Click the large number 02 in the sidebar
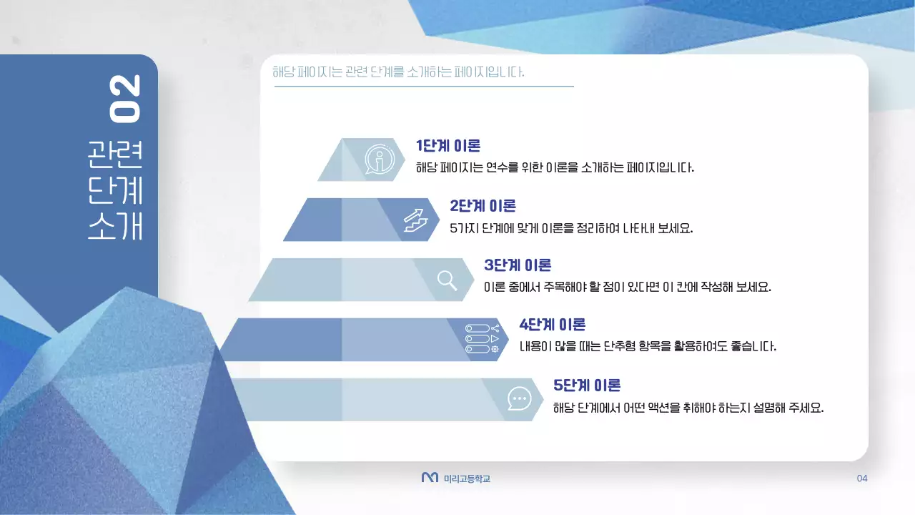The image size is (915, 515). point(125,98)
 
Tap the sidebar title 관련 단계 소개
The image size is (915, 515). point(116,190)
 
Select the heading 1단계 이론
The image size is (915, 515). point(448,146)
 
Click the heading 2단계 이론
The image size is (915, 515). point(483,206)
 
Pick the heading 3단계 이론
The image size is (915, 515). point(518,265)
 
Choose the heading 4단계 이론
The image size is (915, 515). point(553,325)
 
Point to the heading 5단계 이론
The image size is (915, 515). point(587,385)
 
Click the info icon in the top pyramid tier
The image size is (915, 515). point(379,160)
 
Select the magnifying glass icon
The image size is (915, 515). point(447,280)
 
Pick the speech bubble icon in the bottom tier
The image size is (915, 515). point(519,398)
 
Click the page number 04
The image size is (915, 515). point(861,479)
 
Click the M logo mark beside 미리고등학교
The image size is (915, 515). point(430,478)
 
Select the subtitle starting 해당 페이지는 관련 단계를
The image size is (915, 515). point(398,73)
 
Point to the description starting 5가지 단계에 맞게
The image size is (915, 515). point(571,229)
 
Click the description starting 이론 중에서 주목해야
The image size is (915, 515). point(627,288)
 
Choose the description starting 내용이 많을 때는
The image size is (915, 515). point(647,347)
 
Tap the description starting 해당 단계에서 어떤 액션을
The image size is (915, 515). point(688,408)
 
